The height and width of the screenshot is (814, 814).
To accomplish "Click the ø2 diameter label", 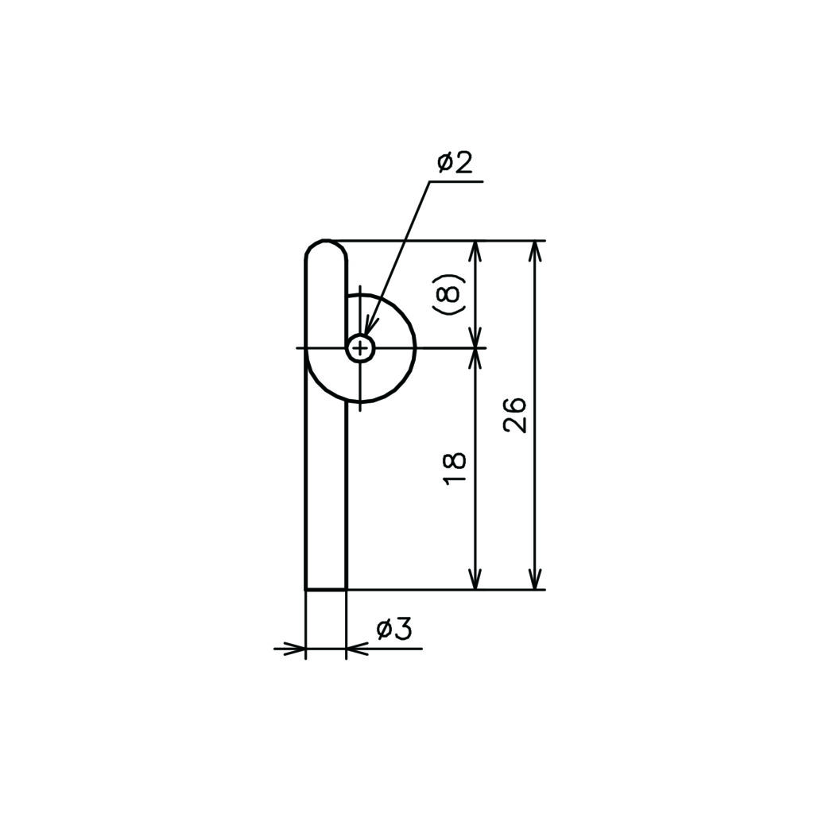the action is [x=455, y=163].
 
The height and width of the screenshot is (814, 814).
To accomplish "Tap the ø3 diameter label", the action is [x=394, y=630].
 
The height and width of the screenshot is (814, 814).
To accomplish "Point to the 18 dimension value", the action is [x=455, y=469].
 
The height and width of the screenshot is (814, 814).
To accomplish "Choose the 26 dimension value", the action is [x=514, y=415].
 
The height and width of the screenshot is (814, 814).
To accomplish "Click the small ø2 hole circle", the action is [x=361, y=347].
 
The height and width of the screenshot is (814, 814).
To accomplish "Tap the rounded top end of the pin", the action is [x=326, y=249].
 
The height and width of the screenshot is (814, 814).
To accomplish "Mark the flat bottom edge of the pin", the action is [x=326, y=589].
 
